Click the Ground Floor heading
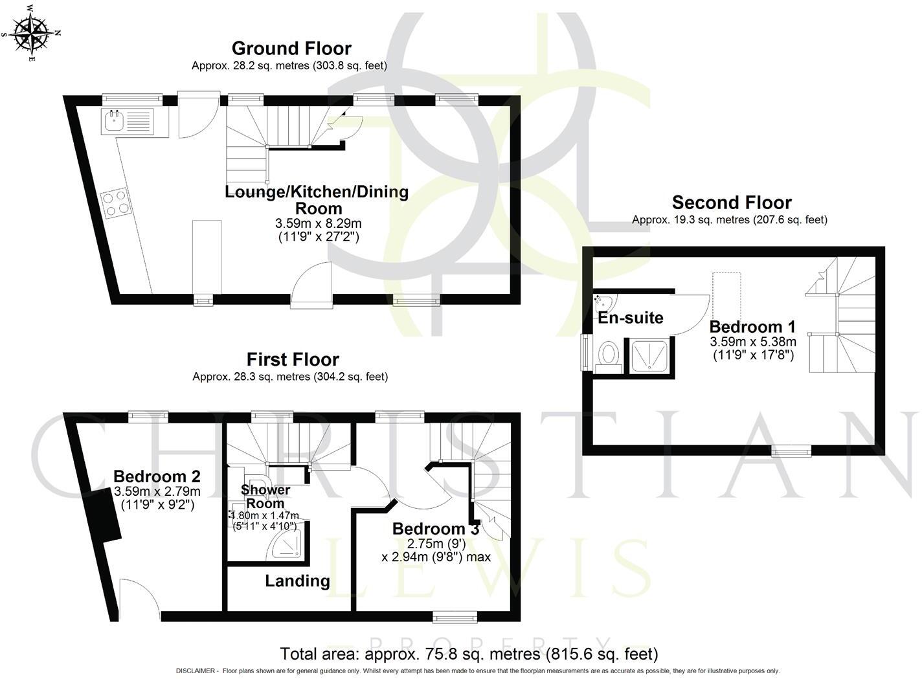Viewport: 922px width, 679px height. (291, 49)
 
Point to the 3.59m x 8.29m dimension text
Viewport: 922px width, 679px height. (318, 223)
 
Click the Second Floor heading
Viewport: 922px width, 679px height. (732, 203)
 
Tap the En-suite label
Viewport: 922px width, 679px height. (630, 318)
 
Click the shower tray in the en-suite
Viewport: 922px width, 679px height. (648, 356)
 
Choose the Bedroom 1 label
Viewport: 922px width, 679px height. (752, 326)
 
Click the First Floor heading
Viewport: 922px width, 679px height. (293, 360)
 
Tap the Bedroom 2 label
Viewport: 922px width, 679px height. (157, 476)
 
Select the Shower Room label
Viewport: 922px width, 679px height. (265, 496)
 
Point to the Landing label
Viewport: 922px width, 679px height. (297, 581)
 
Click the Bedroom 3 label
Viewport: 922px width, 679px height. (436, 529)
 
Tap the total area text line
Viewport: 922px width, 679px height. (469, 654)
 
